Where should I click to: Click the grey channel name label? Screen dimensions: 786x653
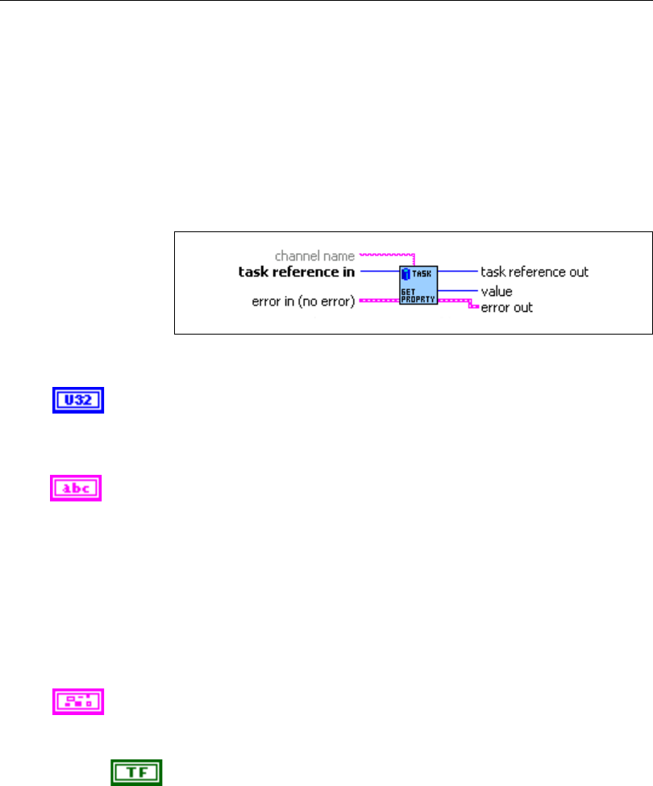click(314, 256)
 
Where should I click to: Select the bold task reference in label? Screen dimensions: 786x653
click(296, 272)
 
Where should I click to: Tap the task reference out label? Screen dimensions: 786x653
click(534, 272)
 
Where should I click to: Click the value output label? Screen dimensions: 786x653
click(497, 290)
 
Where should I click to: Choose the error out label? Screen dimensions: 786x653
click(506, 307)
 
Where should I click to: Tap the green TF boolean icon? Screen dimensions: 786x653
click(137, 772)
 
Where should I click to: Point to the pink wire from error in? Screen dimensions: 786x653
click(378, 300)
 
